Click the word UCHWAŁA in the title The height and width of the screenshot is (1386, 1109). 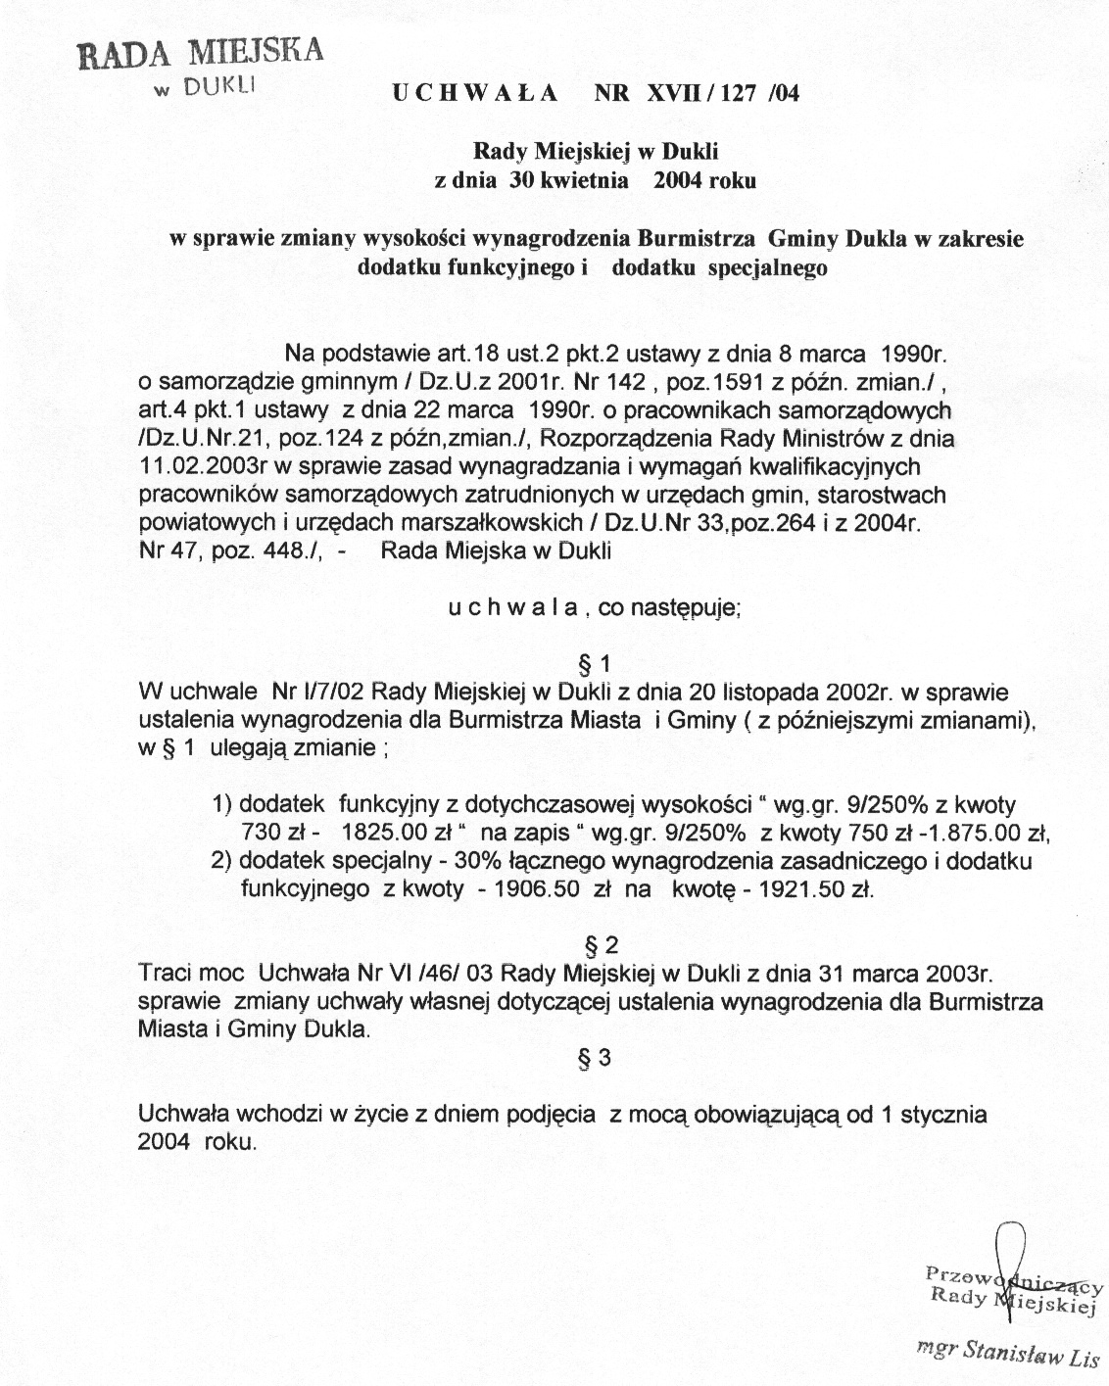tap(475, 94)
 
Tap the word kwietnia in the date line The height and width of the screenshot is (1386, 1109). tap(582, 180)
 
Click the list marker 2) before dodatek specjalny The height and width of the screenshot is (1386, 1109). tap(222, 862)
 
